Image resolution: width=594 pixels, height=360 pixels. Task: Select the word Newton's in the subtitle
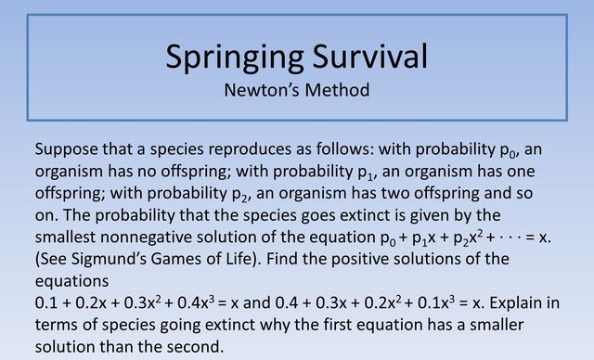[262, 90]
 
